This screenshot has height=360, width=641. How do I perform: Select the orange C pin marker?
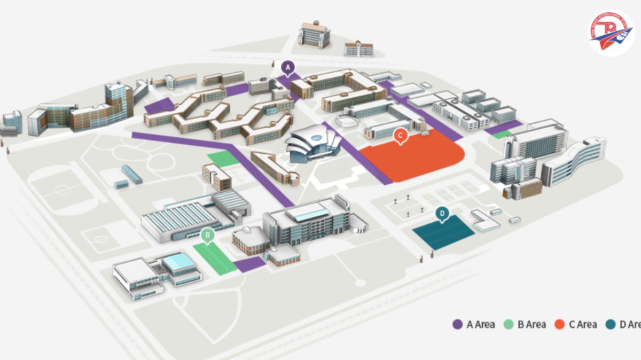pyautogui.click(x=400, y=136)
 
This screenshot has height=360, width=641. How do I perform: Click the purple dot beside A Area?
pyautogui.click(x=457, y=324)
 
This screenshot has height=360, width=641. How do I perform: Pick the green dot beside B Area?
pyautogui.click(x=509, y=324)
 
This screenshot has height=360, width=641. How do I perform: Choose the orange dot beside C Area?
pyautogui.click(x=560, y=324)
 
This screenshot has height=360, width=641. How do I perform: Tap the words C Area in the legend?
pyautogui.click(x=583, y=324)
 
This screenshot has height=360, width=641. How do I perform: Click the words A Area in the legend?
pyautogui.click(x=481, y=324)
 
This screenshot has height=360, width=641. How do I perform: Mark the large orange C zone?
pyautogui.click(x=417, y=158)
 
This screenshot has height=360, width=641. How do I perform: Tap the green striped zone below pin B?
pyautogui.click(x=214, y=258)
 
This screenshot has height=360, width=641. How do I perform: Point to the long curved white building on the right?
pyautogui.click(x=574, y=160)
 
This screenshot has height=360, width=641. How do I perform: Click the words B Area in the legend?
pyautogui.click(x=531, y=324)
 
